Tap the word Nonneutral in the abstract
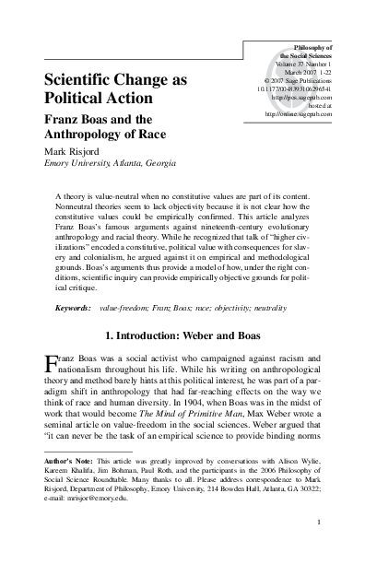click(x=77, y=209)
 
